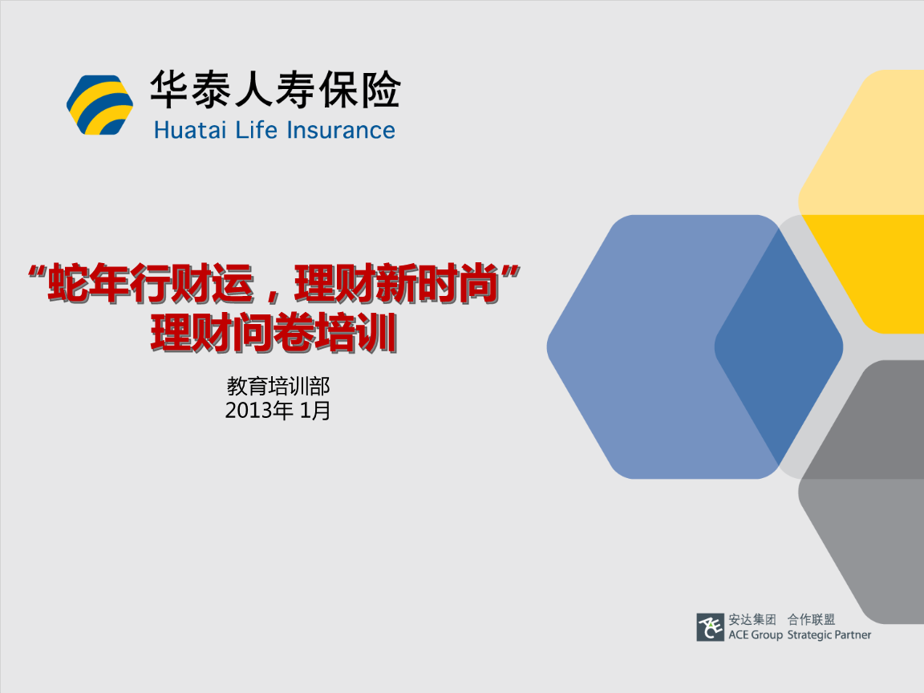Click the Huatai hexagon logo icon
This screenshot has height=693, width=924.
click(99, 105)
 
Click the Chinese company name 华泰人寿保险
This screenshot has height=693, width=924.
click(275, 90)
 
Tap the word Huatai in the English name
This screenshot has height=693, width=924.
click(190, 130)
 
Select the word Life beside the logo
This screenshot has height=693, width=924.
click(257, 130)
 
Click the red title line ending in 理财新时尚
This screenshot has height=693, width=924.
click(274, 283)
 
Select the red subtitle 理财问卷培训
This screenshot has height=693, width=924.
click(274, 334)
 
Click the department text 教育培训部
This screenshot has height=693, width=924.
click(278, 387)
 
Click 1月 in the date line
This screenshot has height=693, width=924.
click(315, 411)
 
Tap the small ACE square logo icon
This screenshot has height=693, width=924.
click(710, 627)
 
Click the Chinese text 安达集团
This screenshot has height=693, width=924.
click(752, 619)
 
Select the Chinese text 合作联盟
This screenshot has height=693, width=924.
click(812, 619)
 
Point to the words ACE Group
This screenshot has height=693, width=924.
click(756, 634)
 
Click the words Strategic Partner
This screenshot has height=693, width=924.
click(829, 634)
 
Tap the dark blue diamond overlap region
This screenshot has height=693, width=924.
click(779, 347)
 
